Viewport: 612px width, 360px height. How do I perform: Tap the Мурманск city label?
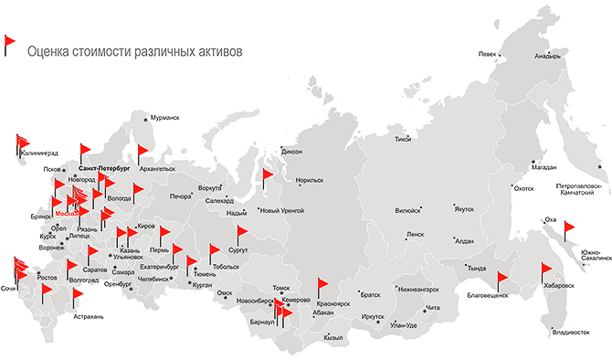(x=164, y=118)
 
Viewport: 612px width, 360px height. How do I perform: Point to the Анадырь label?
(x=547, y=56)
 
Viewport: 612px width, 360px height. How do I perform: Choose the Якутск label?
(x=464, y=209)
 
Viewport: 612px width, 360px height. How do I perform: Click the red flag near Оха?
(x=570, y=228)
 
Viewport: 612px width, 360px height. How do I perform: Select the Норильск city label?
(x=311, y=181)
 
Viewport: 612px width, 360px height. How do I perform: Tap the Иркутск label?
(x=373, y=317)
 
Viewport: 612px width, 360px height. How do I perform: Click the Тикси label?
(x=403, y=140)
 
